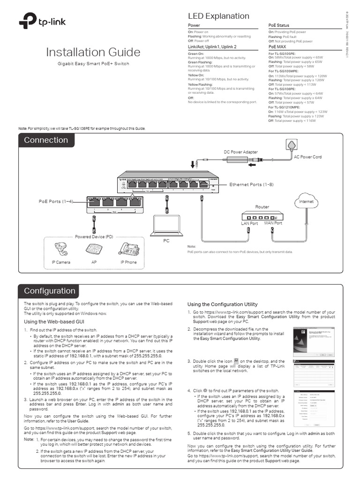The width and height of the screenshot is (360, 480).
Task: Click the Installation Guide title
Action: click(x=93, y=52)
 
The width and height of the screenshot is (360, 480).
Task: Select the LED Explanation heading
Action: click(x=218, y=16)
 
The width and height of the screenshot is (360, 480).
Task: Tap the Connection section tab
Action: click(x=46, y=140)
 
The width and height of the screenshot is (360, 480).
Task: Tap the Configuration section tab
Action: click(x=50, y=291)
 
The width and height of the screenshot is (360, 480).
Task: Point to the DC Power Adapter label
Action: click(x=240, y=152)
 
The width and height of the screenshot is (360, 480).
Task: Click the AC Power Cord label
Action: click(x=307, y=157)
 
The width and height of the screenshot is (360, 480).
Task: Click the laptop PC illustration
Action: click(x=165, y=225)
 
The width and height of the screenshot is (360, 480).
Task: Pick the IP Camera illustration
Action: click(x=61, y=248)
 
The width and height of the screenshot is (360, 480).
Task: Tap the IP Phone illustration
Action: click(x=128, y=248)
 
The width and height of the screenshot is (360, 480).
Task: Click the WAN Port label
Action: click(x=273, y=223)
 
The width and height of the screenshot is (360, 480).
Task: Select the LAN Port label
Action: click(x=249, y=224)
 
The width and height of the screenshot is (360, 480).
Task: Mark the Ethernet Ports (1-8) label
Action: click(x=251, y=185)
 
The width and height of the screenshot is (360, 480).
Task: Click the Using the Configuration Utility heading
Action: click(x=222, y=304)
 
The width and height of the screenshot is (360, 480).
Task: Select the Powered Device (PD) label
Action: click(x=94, y=236)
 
